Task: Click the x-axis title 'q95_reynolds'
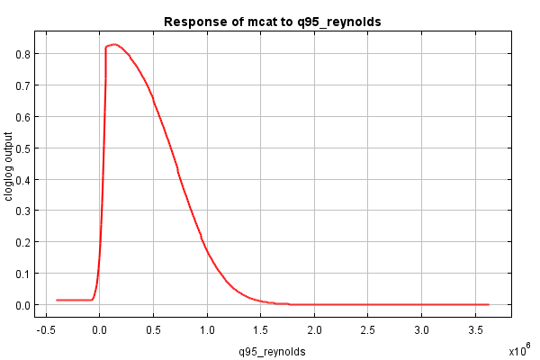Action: click(272, 352)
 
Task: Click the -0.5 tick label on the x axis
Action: click(45, 330)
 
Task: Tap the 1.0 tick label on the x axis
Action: click(208, 330)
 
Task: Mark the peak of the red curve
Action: click(113, 44)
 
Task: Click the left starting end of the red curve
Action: click(57, 300)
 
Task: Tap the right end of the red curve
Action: click(488, 304)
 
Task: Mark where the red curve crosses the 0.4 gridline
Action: click(180, 179)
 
